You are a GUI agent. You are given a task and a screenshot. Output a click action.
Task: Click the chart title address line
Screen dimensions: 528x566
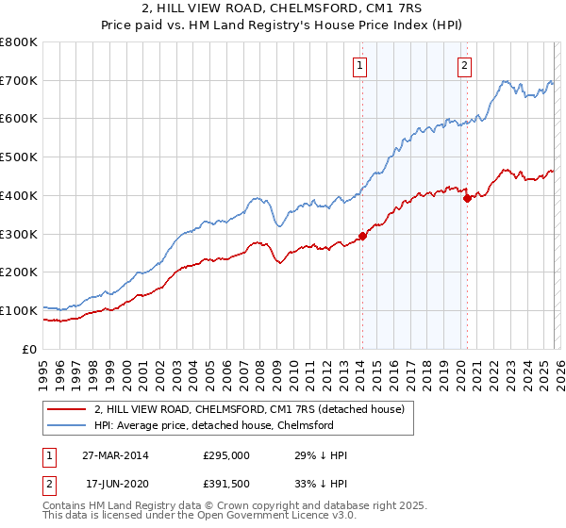tap(282, 9)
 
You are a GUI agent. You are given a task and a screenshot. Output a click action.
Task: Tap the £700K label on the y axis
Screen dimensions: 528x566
tap(19, 81)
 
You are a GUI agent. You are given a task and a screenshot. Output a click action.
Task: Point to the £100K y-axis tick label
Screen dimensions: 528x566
tap(19, 310)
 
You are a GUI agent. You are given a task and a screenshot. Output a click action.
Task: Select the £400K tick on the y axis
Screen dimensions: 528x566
tap(19, 196)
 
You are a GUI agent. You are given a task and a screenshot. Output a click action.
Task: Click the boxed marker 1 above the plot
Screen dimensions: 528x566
tap(361, 65)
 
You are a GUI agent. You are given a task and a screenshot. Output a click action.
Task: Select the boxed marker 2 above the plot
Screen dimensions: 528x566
tap(465, 65)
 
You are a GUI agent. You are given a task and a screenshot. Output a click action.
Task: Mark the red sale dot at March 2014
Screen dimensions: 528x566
tap(362, 236)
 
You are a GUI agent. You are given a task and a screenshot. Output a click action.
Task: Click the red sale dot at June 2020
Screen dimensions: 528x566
tap(466, 198)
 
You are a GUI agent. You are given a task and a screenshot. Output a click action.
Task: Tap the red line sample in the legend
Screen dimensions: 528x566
tap(66, 409)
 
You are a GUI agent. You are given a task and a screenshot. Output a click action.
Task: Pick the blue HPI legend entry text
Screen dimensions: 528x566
tap(214, 425)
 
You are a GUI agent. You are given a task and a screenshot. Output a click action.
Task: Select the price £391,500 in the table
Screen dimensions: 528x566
tap(226, 483)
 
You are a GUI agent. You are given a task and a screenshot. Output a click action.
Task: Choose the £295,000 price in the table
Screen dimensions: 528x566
tap(226, 455)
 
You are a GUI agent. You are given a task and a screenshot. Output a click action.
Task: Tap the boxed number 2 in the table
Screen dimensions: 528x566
tap(50, 483)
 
